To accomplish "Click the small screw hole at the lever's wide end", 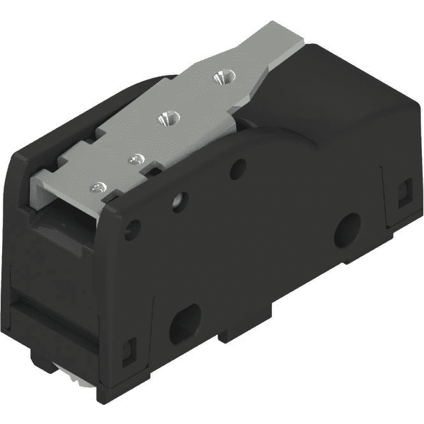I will coord(100,187).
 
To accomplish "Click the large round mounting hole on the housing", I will coord(346,230).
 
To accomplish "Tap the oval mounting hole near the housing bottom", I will coord(185,323).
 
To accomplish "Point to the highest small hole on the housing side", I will coord(238,168).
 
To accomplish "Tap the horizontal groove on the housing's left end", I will coord(49,311).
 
